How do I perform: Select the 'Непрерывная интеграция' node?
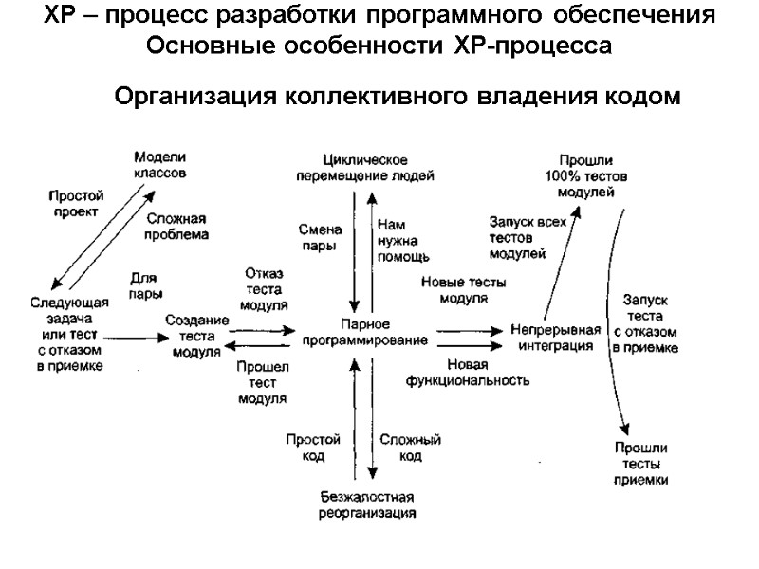[555, 338]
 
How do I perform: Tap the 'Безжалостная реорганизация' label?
[367, 505]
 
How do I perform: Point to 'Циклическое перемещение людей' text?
[365, 166]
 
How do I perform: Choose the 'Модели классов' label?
[159, 166]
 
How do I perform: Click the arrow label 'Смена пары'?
[313, 238]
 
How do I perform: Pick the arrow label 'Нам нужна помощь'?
[402, 241]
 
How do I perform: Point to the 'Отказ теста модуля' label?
[264, 289]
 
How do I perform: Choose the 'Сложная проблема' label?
[177, 225]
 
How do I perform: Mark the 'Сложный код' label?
[410, 448]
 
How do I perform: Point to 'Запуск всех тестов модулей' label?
[517, 238]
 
